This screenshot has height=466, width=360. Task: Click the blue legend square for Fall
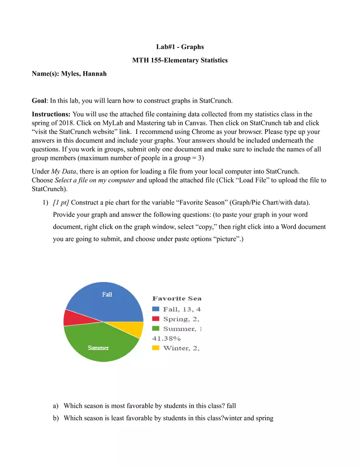(x=156, y=309)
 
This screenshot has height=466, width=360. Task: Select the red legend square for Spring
(x=156, y=319)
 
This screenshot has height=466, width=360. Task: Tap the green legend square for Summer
(x=156, y=329)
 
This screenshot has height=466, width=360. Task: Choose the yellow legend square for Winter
(x=156, y=348)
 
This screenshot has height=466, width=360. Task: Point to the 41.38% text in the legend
(x=166, y=338)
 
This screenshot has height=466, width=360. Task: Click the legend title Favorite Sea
(x=177, y=299)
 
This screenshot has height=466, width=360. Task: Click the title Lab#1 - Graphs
(x=180, y=47)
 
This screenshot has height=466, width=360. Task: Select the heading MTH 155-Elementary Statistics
(x=180, y=61)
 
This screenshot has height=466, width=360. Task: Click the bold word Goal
(x=39, y=101)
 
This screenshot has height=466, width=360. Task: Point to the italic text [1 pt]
(x=61, y=202)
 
